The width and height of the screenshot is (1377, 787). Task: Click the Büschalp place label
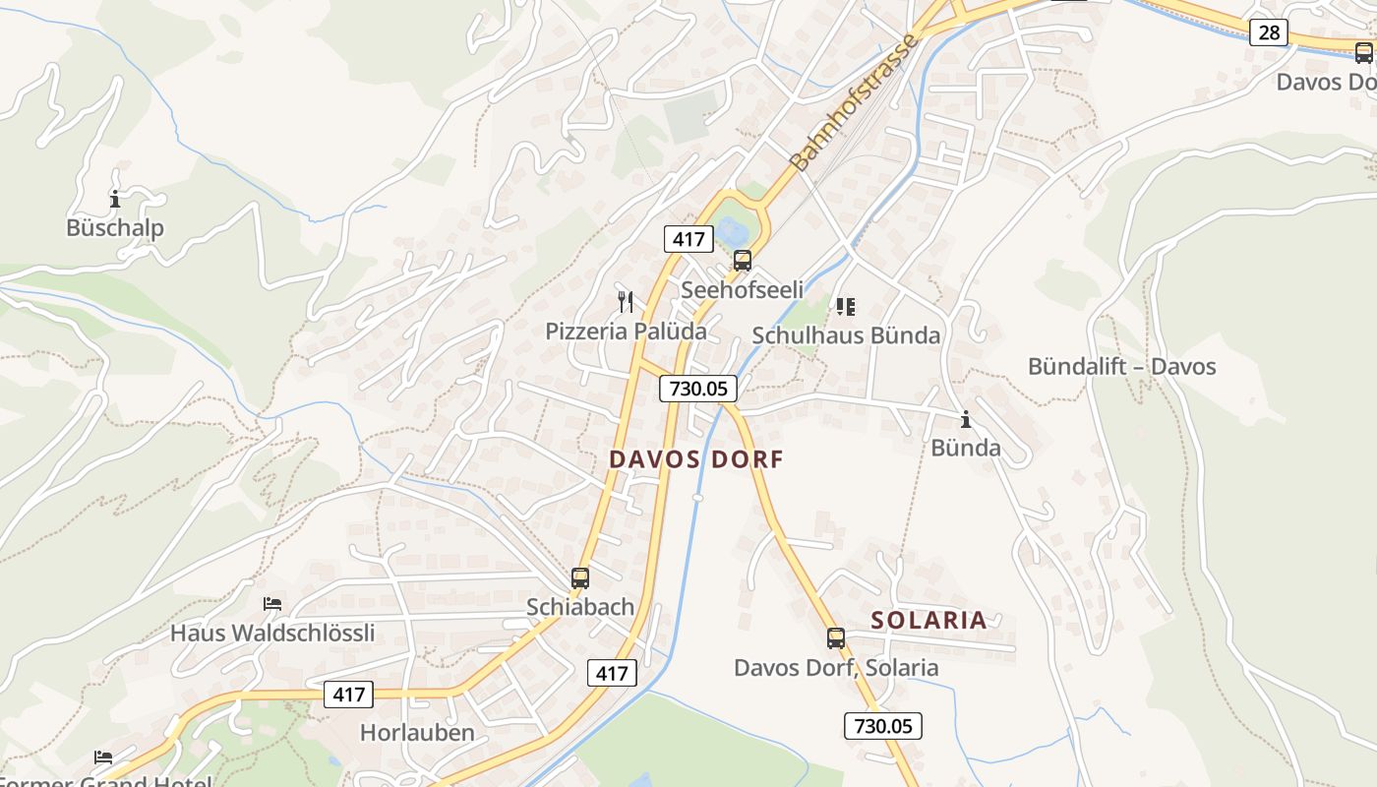[115, 228]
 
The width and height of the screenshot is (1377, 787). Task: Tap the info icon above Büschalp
[115, 199]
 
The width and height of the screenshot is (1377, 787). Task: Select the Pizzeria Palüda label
[626, 331]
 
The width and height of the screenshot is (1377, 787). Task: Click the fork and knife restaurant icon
[626, 300]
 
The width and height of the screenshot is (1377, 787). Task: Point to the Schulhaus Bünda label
[846, 335]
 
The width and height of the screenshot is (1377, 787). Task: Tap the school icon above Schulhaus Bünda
[845, 307]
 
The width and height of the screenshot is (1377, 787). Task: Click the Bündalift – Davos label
[1121, 367]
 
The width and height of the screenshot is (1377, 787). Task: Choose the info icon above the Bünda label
[966, 419]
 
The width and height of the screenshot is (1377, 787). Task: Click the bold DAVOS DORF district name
[696, 459]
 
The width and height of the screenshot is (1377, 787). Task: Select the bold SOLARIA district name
[928, 620]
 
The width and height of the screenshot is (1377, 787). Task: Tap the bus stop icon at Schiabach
[580, 578]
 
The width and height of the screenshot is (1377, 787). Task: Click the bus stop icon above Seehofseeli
[743, 261]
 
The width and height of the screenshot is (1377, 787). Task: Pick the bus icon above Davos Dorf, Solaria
[836, 638]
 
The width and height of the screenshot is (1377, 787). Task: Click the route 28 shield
[1269, 32]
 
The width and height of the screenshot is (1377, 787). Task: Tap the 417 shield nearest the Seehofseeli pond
[688, 238]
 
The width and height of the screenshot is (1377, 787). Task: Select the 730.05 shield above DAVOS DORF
[697, 389]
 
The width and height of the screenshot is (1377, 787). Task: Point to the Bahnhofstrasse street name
[855, 101]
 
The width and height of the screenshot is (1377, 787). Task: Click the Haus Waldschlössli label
[272, 633]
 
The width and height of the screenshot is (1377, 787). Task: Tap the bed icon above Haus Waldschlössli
[272, 603]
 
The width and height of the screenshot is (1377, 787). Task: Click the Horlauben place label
[417, 733]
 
